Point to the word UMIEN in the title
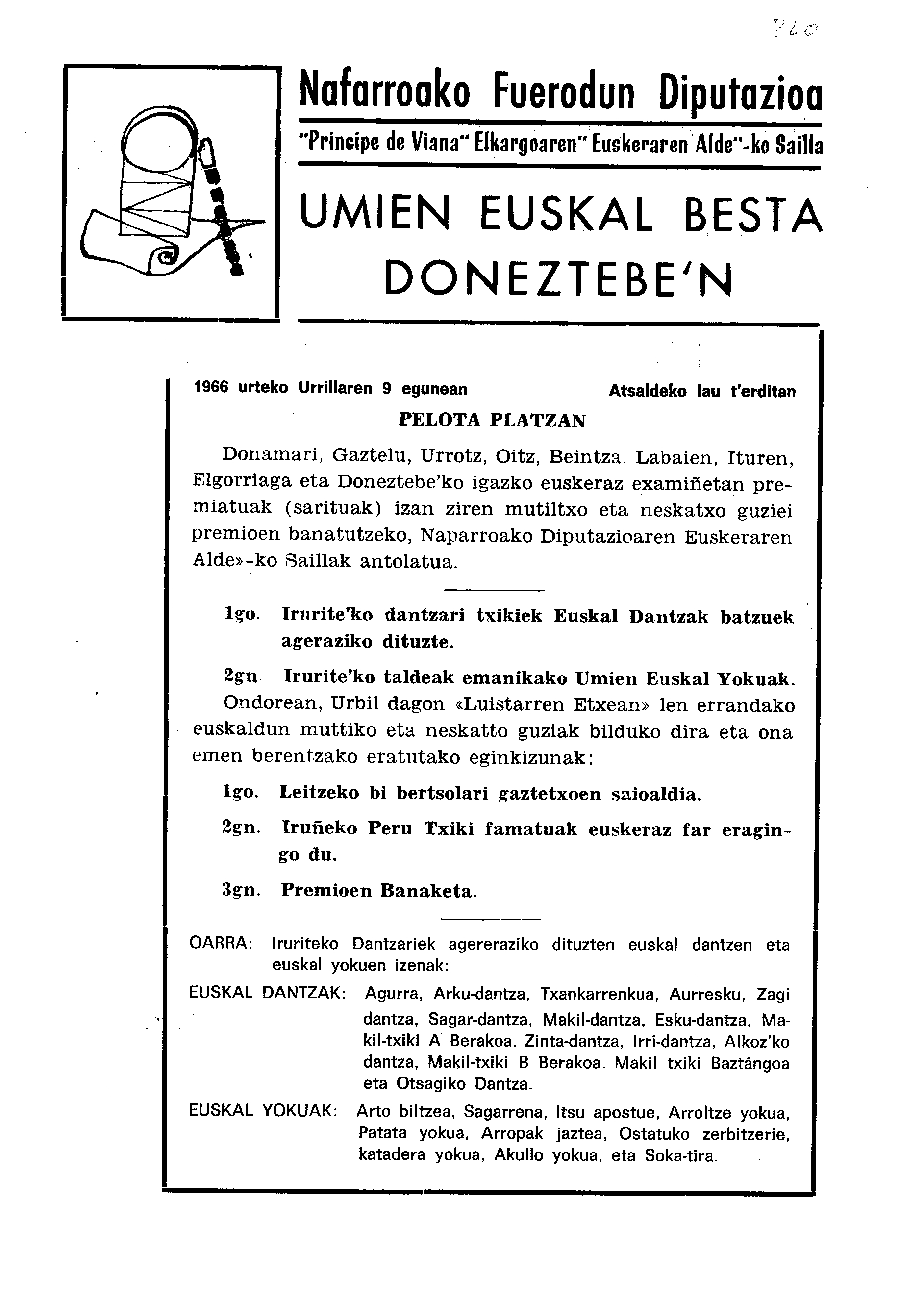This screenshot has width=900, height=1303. click(375, 214)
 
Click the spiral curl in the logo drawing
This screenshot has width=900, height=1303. click(166, 257)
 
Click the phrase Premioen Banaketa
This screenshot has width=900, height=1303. click(379, 891)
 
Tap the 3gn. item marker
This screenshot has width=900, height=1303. click(241, 891)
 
